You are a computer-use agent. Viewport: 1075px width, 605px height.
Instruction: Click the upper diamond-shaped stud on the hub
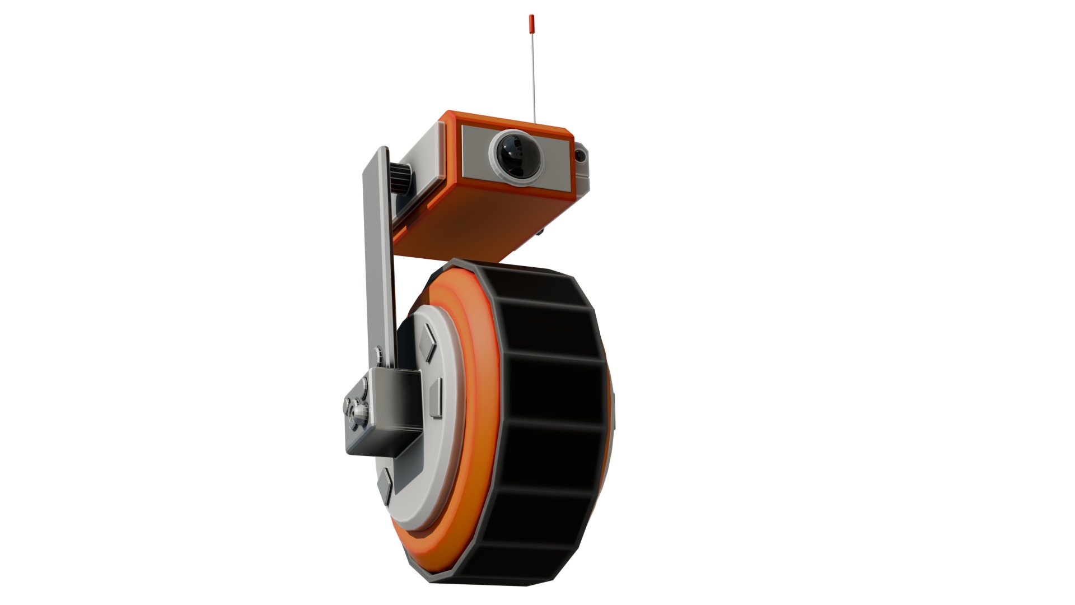point(428,343)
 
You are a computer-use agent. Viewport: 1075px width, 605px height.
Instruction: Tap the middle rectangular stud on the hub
point(435,398)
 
